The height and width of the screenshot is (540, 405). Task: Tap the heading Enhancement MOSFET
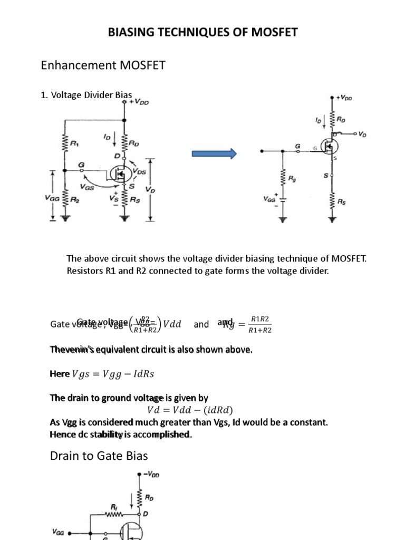point(103,65)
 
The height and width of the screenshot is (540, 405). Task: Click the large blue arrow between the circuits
point(214,153)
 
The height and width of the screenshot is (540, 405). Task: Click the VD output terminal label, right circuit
point(362,134)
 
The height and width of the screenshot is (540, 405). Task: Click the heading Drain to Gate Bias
point(99,456)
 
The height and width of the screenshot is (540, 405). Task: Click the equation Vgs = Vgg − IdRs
point(113,374)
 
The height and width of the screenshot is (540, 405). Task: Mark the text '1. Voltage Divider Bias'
point(86,95)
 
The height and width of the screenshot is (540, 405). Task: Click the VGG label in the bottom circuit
point(59,533)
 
